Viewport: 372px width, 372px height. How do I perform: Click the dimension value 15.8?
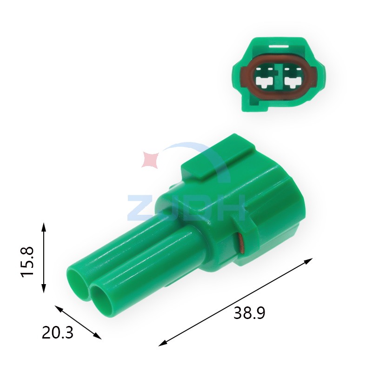[x=27, y=262]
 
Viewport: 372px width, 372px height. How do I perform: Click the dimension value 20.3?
[x=58, y=332]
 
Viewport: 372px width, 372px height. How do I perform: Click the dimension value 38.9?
[x=249, y=313]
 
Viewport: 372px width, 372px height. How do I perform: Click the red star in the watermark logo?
[x=150, y=159]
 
